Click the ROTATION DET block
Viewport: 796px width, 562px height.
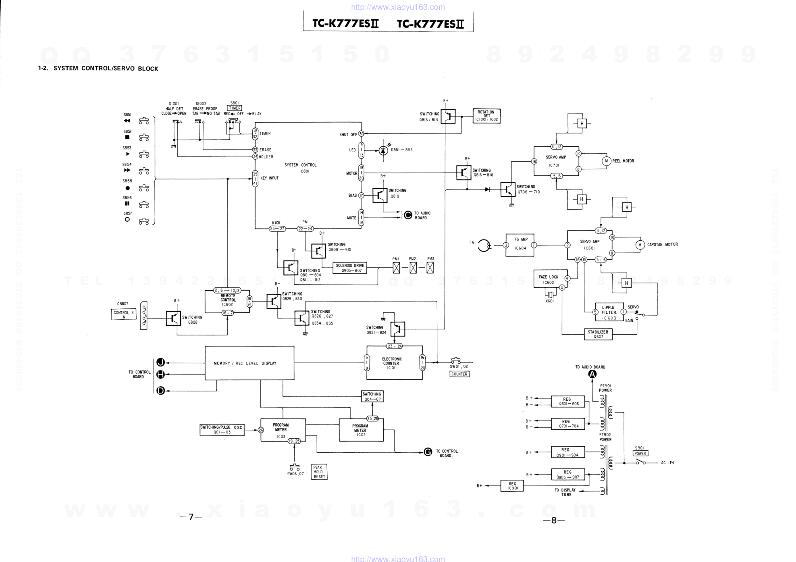click(x=486, y=116)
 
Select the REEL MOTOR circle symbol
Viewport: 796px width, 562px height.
click(x=607, y=161)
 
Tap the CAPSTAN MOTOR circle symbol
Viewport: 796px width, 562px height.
click(x=640, y=245)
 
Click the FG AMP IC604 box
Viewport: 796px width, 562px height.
click(x=520, y=245)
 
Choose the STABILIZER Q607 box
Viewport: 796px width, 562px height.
click(x=598, y=334)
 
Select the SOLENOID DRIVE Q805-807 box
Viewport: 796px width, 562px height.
click(x=350, y=268)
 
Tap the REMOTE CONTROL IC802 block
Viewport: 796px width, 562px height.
click(x=227, y=301)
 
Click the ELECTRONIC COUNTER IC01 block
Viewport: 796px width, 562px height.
click(x=394, y=363)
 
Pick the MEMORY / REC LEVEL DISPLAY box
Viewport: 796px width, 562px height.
click(x=249, y=363)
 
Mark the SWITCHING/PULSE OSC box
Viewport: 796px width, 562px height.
click(x=222, y=430)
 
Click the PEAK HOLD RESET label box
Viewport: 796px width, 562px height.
click(x=319, y=472)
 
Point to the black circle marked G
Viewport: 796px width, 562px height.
click(x=428, y=452)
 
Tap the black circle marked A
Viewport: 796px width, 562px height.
click(x=592, y=374)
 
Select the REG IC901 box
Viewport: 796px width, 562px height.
click(x=512, y=486)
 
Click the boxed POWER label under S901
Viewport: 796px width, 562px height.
click(x=640, y=454)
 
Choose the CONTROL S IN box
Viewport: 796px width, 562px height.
click(x=124, y=314)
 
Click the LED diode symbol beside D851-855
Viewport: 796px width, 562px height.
click(x=383, y=150)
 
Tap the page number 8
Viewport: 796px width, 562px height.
click(x=554, y=520)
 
